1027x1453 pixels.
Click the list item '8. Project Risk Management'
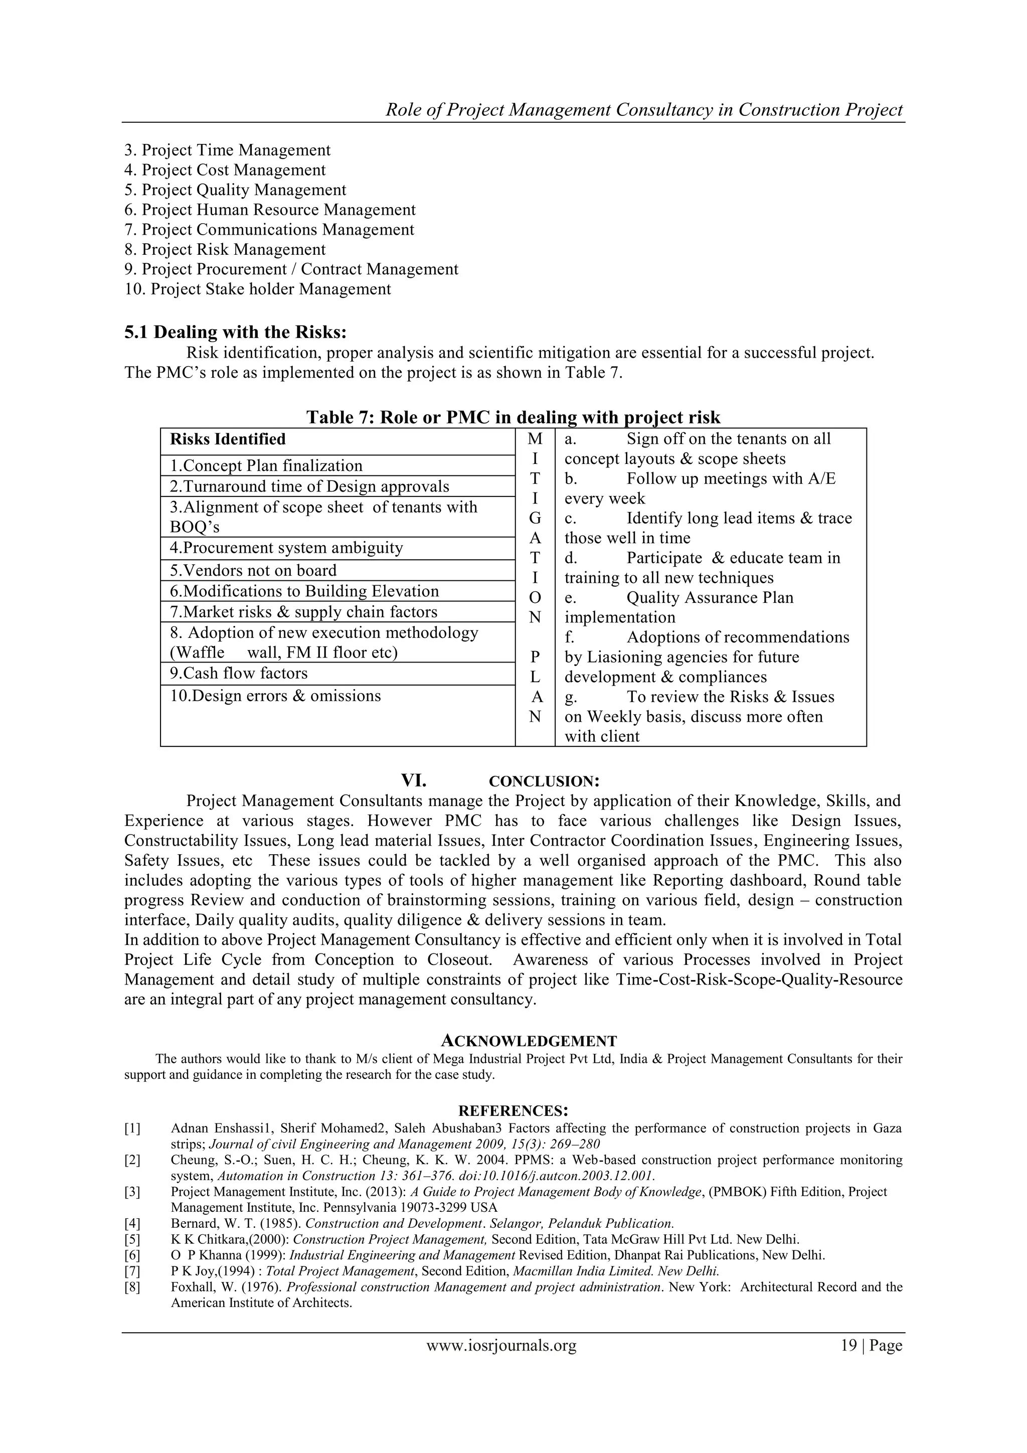coord(225,249)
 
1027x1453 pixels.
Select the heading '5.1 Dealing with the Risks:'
coord(235,332)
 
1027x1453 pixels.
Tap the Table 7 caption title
coord(513,417)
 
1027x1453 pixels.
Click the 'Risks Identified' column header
coord(228,439)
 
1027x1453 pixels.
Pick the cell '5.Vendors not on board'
coord(253,570)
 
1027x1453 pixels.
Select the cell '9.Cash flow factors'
coord(239,674)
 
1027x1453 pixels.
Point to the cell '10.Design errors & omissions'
coord(275,696)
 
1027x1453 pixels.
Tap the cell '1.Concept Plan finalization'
coord(266,466)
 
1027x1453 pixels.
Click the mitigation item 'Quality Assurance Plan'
coord(710,598)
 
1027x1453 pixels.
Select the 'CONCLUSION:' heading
coord(544,781)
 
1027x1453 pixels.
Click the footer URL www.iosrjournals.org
coord(501,1346)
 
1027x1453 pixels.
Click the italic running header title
coord(643,110)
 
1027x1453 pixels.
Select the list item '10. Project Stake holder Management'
coord(258,289)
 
